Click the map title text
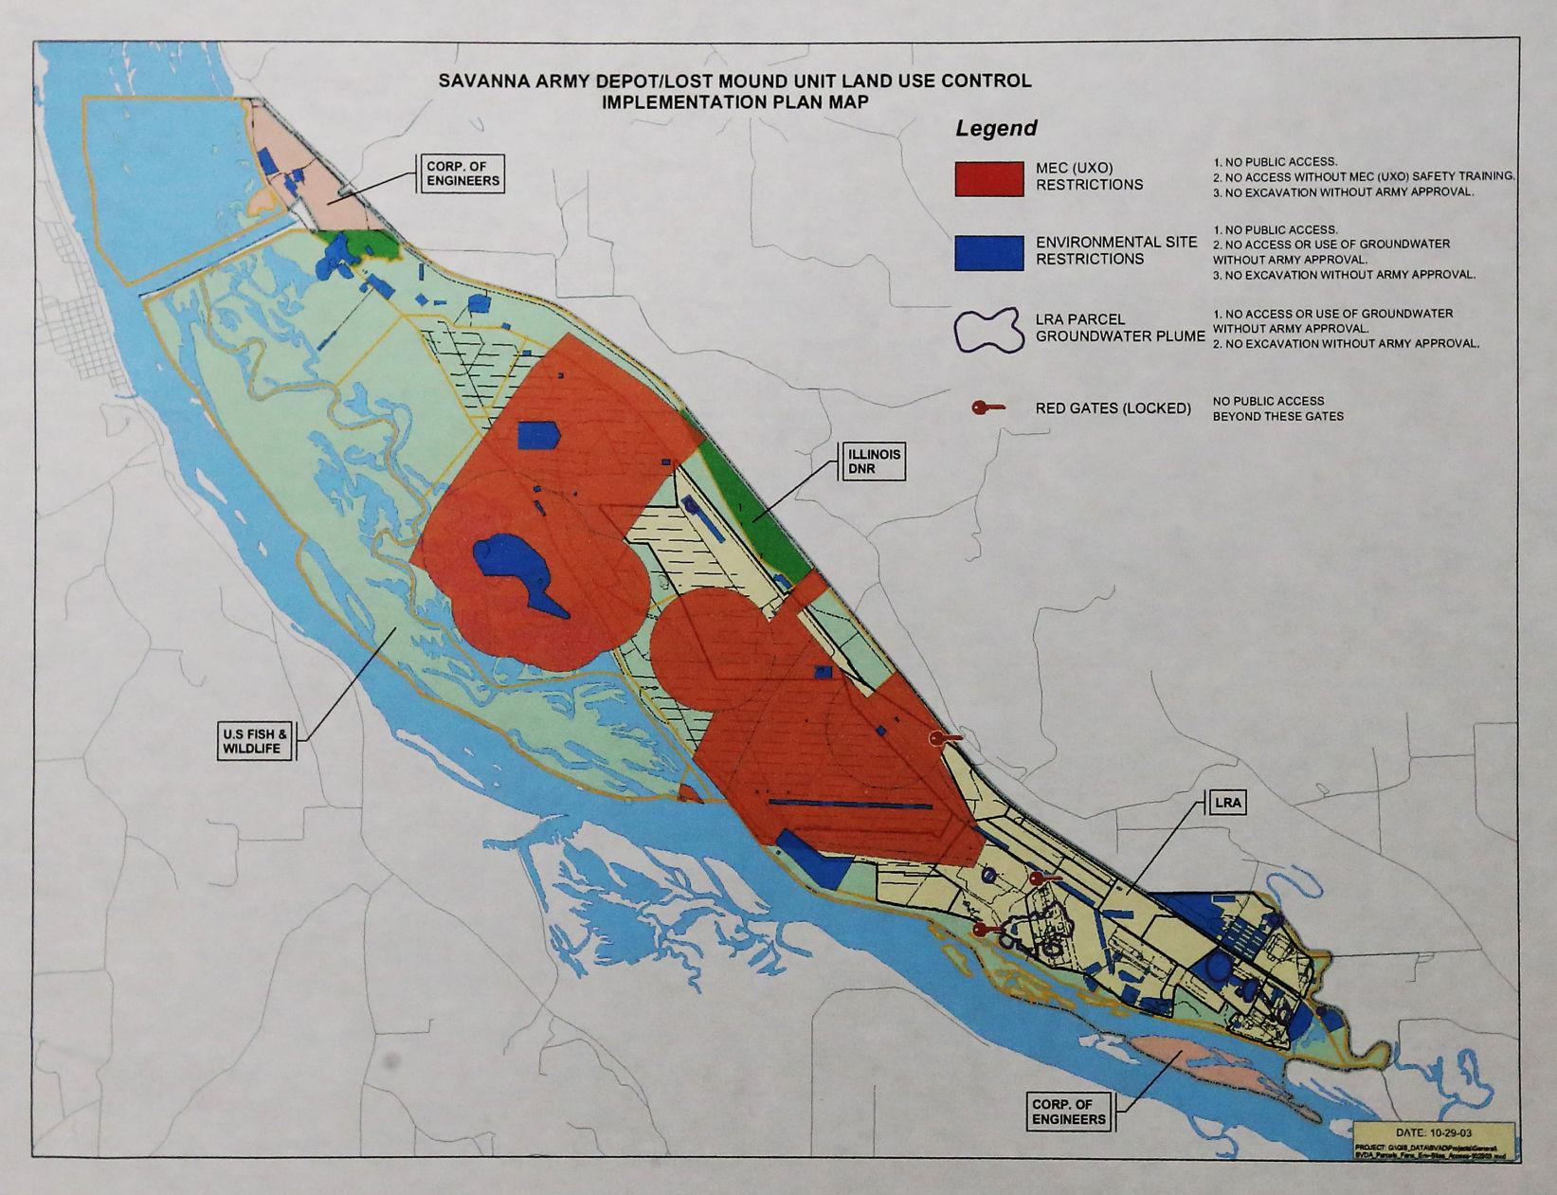[734, 91]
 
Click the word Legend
[995, 128]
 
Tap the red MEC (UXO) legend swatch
[988, 178]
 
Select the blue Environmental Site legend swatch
[988, 252]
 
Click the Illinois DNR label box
[871, 462]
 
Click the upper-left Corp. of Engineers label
[462, 173]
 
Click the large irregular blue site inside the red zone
[518, 569]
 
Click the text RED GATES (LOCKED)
[1113, 408]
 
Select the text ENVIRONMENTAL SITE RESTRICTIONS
[1115, 251]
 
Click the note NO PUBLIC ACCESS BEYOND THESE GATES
[1276, 408]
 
